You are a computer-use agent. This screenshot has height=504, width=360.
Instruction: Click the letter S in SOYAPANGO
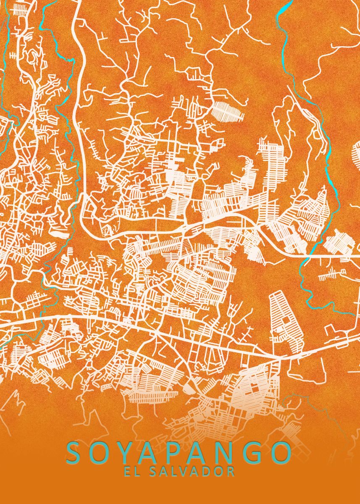point(76,452)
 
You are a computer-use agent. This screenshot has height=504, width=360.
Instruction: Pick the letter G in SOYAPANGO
point(256,452)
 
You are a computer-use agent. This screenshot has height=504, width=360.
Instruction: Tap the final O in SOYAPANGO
point(281,452)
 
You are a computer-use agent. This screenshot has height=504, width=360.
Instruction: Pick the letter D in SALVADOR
point(208,471)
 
